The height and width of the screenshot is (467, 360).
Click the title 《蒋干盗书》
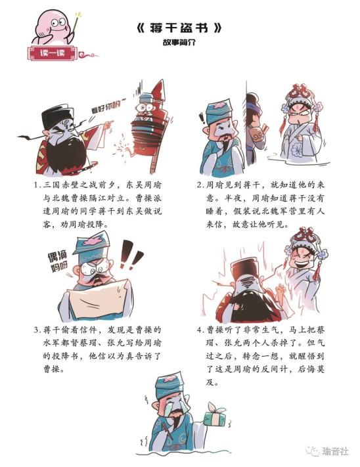pos(179,28)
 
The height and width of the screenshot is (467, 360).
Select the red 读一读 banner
pos(53,53)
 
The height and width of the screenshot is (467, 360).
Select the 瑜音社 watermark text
pos(334,451)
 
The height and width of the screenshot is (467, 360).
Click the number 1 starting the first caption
pos(35,185)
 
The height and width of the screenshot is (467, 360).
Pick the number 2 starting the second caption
pos(199,185)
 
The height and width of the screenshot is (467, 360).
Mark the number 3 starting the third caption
pos(36,330)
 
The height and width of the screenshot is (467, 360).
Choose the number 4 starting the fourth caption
pos(200,330)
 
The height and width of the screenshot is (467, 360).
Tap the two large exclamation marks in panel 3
pos(131,255)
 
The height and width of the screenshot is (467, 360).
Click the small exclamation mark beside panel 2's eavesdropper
pos(202,118)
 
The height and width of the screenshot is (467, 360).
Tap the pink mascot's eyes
pos(58,22)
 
